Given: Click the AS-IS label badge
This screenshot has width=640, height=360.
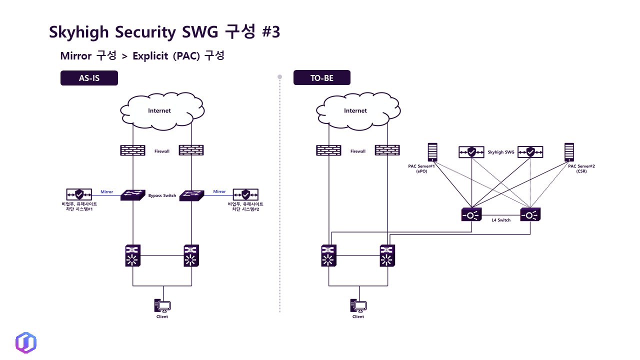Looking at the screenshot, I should [x=89, y=78].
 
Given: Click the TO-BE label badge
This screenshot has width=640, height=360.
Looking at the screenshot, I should [x=321, y=78].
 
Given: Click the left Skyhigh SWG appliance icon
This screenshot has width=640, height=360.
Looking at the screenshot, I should [x=471, y=152].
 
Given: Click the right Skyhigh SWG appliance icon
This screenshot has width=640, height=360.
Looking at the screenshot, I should [x=530, y=152].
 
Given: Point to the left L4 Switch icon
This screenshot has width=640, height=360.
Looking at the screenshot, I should [x=471, y=214].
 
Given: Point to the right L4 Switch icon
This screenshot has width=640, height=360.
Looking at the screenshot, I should [x=530, y=214].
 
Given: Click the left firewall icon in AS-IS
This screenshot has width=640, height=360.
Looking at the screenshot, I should [x=132, y=150].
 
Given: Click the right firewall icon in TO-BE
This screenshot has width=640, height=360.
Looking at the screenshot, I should [x=387, y=150].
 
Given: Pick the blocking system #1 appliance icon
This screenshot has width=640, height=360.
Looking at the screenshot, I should [x=79, y=194].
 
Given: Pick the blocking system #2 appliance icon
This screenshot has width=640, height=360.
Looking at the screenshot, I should [x=245, y=194].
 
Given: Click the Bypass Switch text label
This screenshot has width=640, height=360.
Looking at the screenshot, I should [x=162, y=195].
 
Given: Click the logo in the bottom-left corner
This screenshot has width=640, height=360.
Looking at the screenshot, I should [x=26, y=342].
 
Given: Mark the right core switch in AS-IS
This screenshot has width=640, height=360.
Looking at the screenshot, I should [x=190, y=255].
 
